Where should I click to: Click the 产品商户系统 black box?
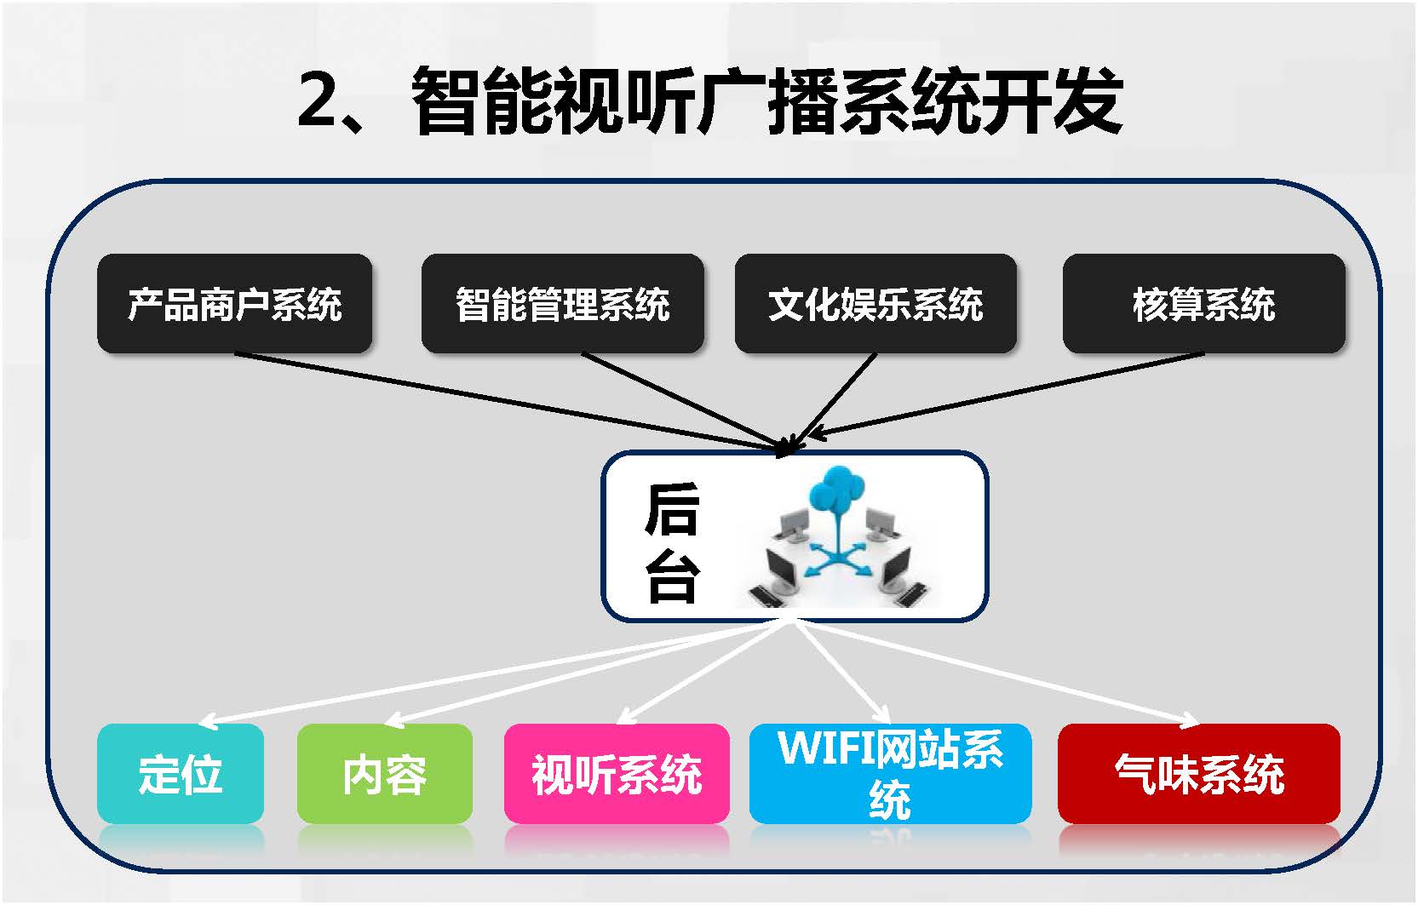click(234, 303)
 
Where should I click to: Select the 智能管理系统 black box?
click(562, 303)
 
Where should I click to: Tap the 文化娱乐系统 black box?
click(875, 303)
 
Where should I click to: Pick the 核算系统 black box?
click(1203, 303)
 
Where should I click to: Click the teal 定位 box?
click(181, 773)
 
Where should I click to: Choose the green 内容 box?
click(384, 773)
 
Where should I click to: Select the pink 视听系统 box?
click(617, 773)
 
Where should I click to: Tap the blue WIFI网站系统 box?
click(890, 773)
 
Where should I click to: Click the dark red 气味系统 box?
click(1199, 773)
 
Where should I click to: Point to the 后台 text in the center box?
click(672, 541)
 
